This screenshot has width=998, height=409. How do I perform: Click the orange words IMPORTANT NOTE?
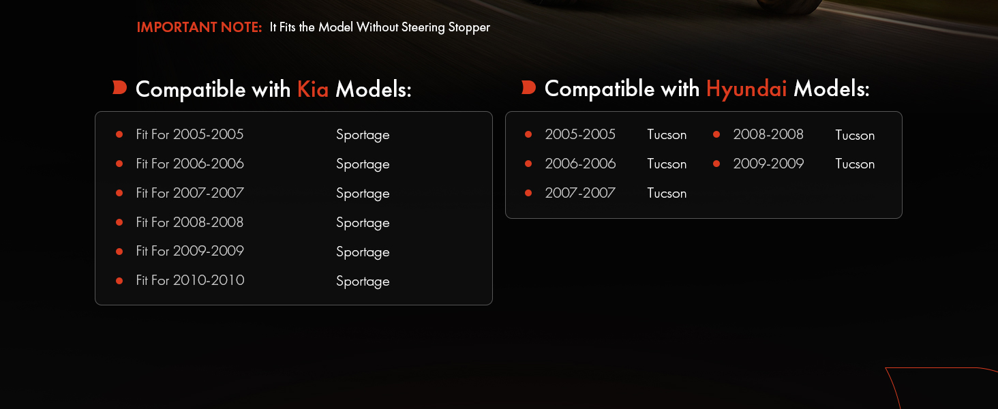tap(199, 27)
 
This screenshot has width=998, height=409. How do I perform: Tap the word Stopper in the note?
tap(469, 28)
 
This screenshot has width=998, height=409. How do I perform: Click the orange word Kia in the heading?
tap(313, 89)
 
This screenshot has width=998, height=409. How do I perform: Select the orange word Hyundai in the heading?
tap(746, 89)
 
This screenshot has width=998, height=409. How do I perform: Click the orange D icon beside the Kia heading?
tap(119, 88)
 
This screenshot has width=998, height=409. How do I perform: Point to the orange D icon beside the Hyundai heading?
tap(528, 88)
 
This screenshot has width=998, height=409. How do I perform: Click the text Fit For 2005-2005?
tap(190, 134)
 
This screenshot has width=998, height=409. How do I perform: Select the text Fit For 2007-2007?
tap(190, 193)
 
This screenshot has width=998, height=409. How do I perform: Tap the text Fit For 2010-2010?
tap(190, 280)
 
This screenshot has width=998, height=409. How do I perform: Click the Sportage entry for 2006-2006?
tap(363, 164)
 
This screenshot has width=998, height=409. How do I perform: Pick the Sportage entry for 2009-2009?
tap(363, 252)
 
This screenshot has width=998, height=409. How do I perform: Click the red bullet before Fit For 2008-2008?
tap(119, 222)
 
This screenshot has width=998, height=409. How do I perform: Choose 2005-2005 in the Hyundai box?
tap(580, 134)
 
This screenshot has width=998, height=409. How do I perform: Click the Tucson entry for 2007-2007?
tap(667, 194)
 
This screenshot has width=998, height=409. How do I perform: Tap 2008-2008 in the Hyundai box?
tap(768, 134)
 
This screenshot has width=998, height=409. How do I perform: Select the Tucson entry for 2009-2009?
tap(855, 164)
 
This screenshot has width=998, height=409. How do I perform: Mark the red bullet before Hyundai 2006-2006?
tap(528, 164)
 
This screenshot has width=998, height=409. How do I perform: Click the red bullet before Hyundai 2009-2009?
tap(716, 164)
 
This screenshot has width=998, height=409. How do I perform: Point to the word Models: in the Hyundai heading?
tap(832, 89)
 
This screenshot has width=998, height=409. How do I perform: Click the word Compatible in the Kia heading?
tap(191, 89)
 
